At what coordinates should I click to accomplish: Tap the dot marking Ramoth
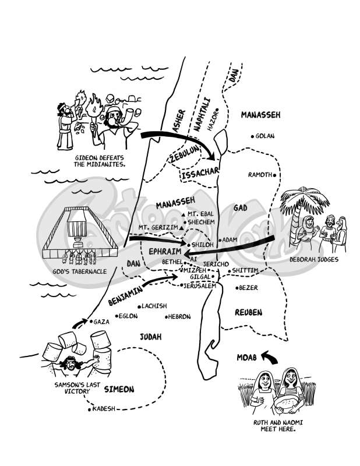tap(275, 174)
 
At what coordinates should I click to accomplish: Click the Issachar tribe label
tap(200, 173)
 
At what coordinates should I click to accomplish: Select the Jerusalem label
tap(200, 286)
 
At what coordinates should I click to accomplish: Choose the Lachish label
tap(154, 306)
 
